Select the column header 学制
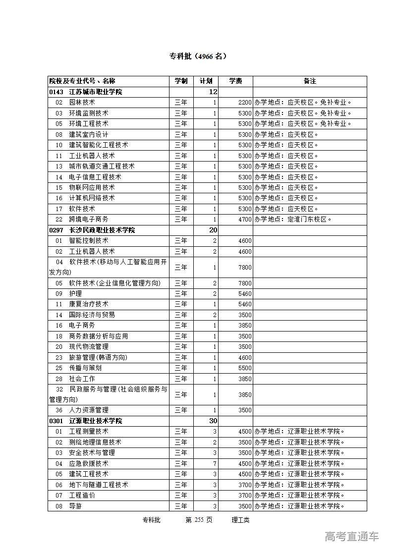click(181, 81)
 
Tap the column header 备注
click(310, 81)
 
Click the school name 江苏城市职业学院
click(95, 92)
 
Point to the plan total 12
click(213, 92)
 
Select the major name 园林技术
click(82, 103)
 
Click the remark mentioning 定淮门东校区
click(292, 219)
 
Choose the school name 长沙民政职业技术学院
click(102, 230)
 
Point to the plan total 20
click(213, 230)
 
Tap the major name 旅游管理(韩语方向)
click(98, 357)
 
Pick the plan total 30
click(213, 421)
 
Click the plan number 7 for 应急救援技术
click(215, 463)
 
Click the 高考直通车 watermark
click(351, 536)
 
